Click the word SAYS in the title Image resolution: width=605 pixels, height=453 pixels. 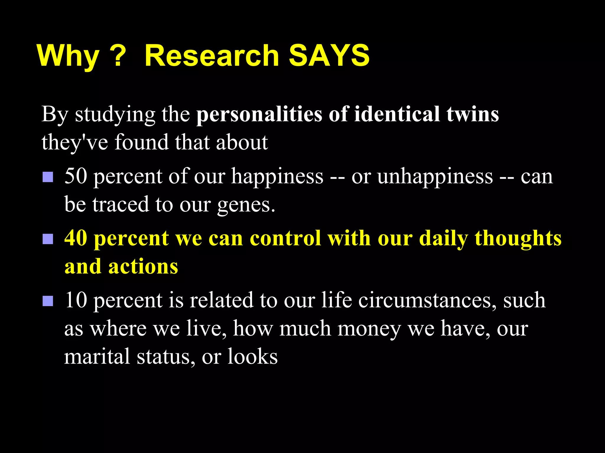pos(329,56)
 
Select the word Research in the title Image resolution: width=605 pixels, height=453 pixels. pos(212,56)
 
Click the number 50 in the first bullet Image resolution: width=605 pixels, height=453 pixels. pos(76,176)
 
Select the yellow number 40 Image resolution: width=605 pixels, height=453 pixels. pos(76,238)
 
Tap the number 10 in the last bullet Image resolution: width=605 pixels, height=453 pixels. pos(76,300)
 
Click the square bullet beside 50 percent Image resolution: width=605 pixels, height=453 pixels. pos(48,177)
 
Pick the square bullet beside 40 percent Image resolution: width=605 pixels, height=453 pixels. pos(48,239)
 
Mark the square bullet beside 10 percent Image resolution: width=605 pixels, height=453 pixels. pos(48,301)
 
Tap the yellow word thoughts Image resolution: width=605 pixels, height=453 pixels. pos(518,238)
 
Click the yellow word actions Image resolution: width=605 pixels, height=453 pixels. pos(143,267)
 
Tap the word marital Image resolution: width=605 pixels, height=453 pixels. pos(97,357)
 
